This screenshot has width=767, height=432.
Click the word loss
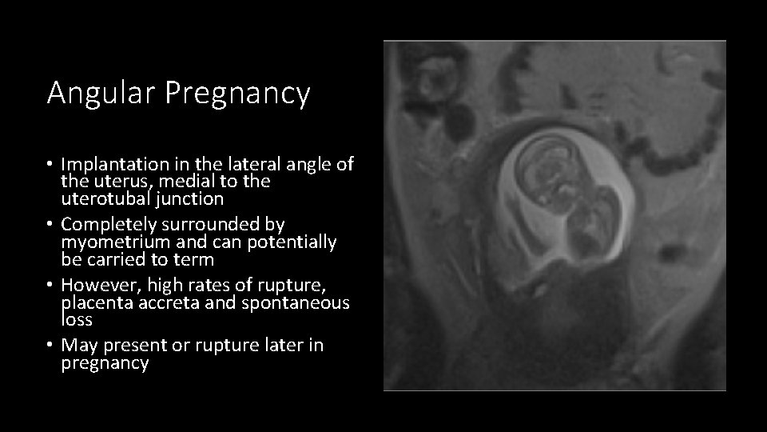pos(77,320)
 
